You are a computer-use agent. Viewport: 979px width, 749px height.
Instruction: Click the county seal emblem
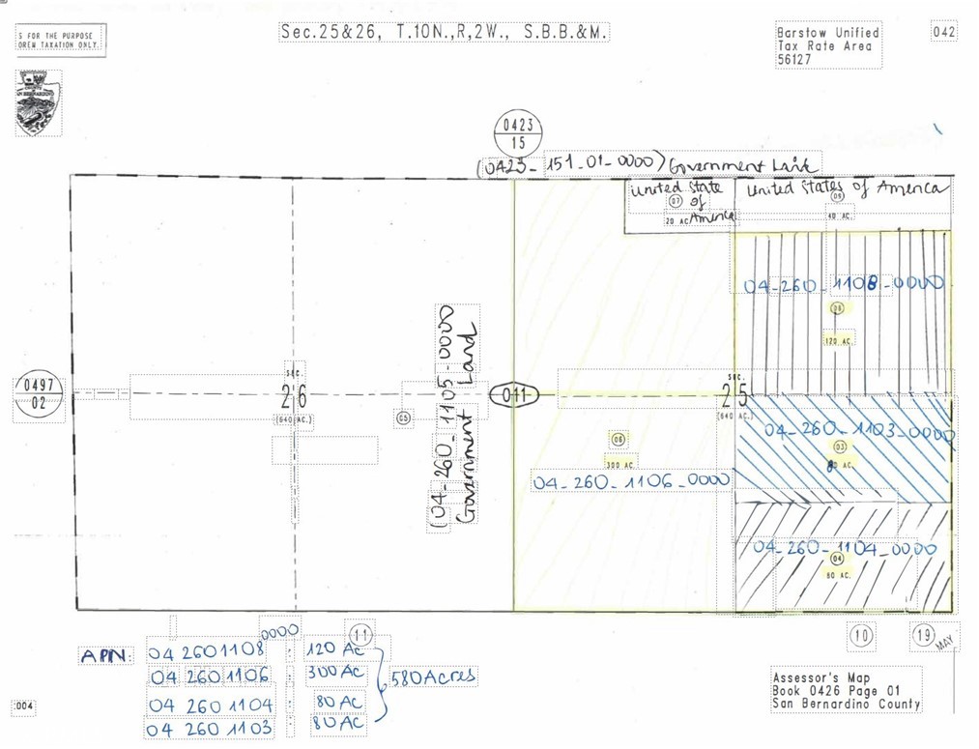[x=39, y=102]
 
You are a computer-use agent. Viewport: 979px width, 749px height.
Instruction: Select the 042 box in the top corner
[x=944, y=32]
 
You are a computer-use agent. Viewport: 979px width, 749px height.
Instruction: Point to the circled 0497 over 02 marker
[x=39, y=396]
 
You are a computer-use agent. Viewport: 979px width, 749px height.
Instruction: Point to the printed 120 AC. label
[x=838, y=341]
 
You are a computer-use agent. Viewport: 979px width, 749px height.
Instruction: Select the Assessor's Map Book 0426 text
[x=846, y=690]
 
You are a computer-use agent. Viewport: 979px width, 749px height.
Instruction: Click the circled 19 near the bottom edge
[x=924, y=635]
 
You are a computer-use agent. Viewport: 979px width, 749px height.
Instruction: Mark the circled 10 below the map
[x=861, y=635]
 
